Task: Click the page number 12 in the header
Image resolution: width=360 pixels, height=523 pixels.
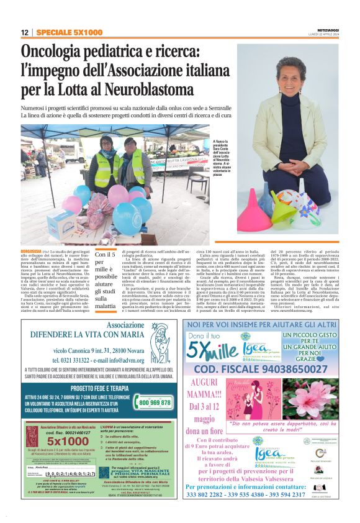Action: (24, 33)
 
